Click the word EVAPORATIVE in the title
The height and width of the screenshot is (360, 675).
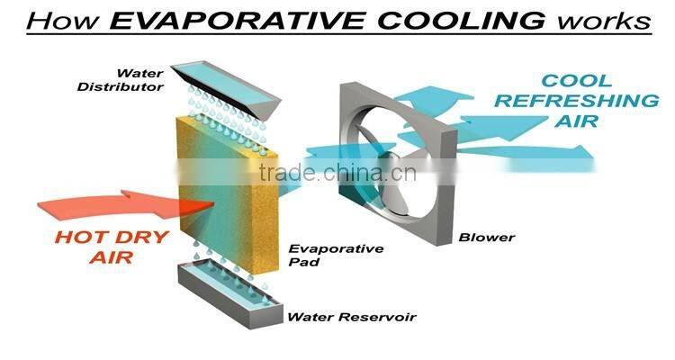pos(238,20)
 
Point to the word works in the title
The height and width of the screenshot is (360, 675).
pos(604,21)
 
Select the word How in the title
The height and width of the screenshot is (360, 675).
pos(63,20)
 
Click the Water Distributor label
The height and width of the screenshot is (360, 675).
pos(121,80)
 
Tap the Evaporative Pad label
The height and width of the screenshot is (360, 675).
pos(336,255)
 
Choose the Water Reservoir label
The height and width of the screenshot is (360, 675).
pos(351,318)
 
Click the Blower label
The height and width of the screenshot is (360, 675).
pos(487,238)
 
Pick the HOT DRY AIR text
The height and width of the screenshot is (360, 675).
pos(112,247)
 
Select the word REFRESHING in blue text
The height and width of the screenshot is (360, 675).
pos(577,101)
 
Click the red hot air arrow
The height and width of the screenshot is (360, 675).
pos(125,204)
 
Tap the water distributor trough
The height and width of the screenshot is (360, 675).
pos(226,90)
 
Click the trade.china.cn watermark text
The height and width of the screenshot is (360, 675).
pos(337,173)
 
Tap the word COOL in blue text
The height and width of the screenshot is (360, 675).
pos(576,81)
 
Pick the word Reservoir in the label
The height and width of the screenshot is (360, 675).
pos(377,318)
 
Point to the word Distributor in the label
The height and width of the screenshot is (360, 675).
pos(121,87)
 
